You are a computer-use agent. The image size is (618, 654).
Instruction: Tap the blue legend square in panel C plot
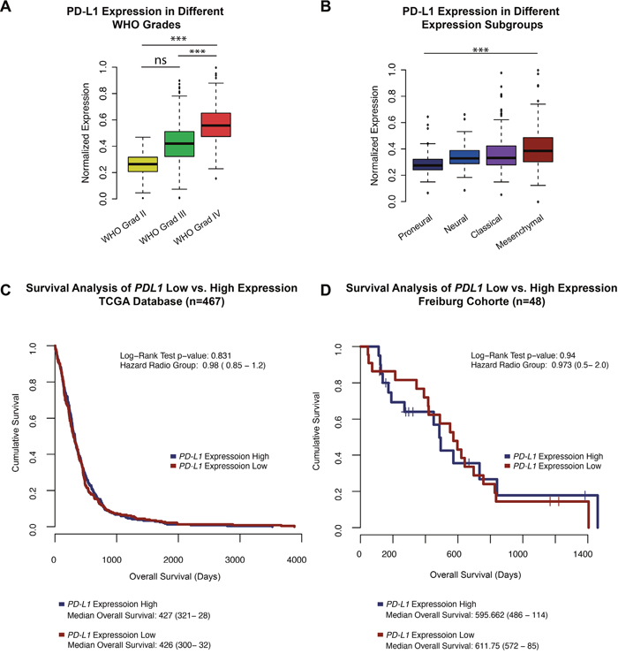pyautogui.click(x=174, y=456)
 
